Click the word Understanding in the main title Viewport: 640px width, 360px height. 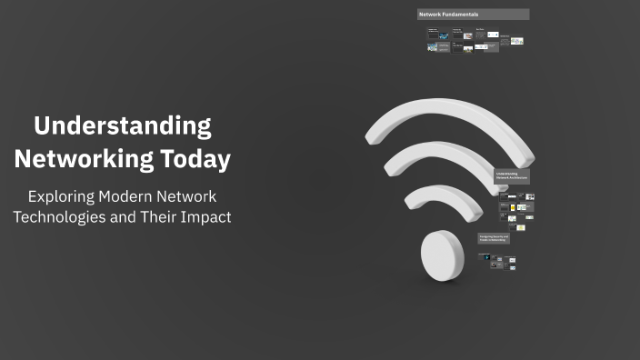[x=123, y=125]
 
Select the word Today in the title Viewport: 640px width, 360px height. [x=195, y=159]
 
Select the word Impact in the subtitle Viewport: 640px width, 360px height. [x=206, y=218]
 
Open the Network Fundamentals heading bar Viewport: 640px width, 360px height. [x=473, y=15]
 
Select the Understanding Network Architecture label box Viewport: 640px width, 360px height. [x=512, y=176]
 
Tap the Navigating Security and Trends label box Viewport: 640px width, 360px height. [x=494, y=238]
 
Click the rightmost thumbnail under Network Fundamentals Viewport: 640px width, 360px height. [x=516, y=41]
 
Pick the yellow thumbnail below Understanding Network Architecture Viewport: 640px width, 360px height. [x=512, y=218]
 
